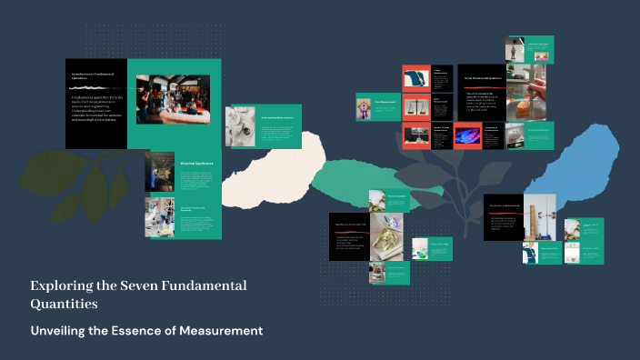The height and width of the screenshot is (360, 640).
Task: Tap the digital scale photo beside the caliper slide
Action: [515, 136]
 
